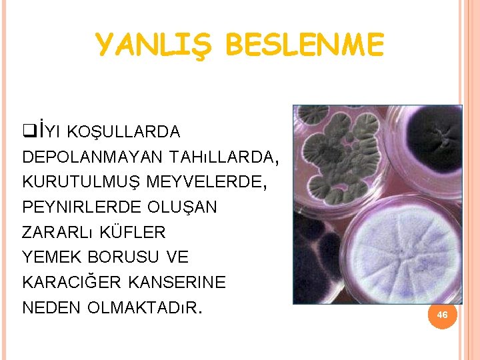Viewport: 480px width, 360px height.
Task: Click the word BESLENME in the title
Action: [x=305, y=45]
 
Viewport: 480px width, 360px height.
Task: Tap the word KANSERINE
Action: [x=185, y=283]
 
